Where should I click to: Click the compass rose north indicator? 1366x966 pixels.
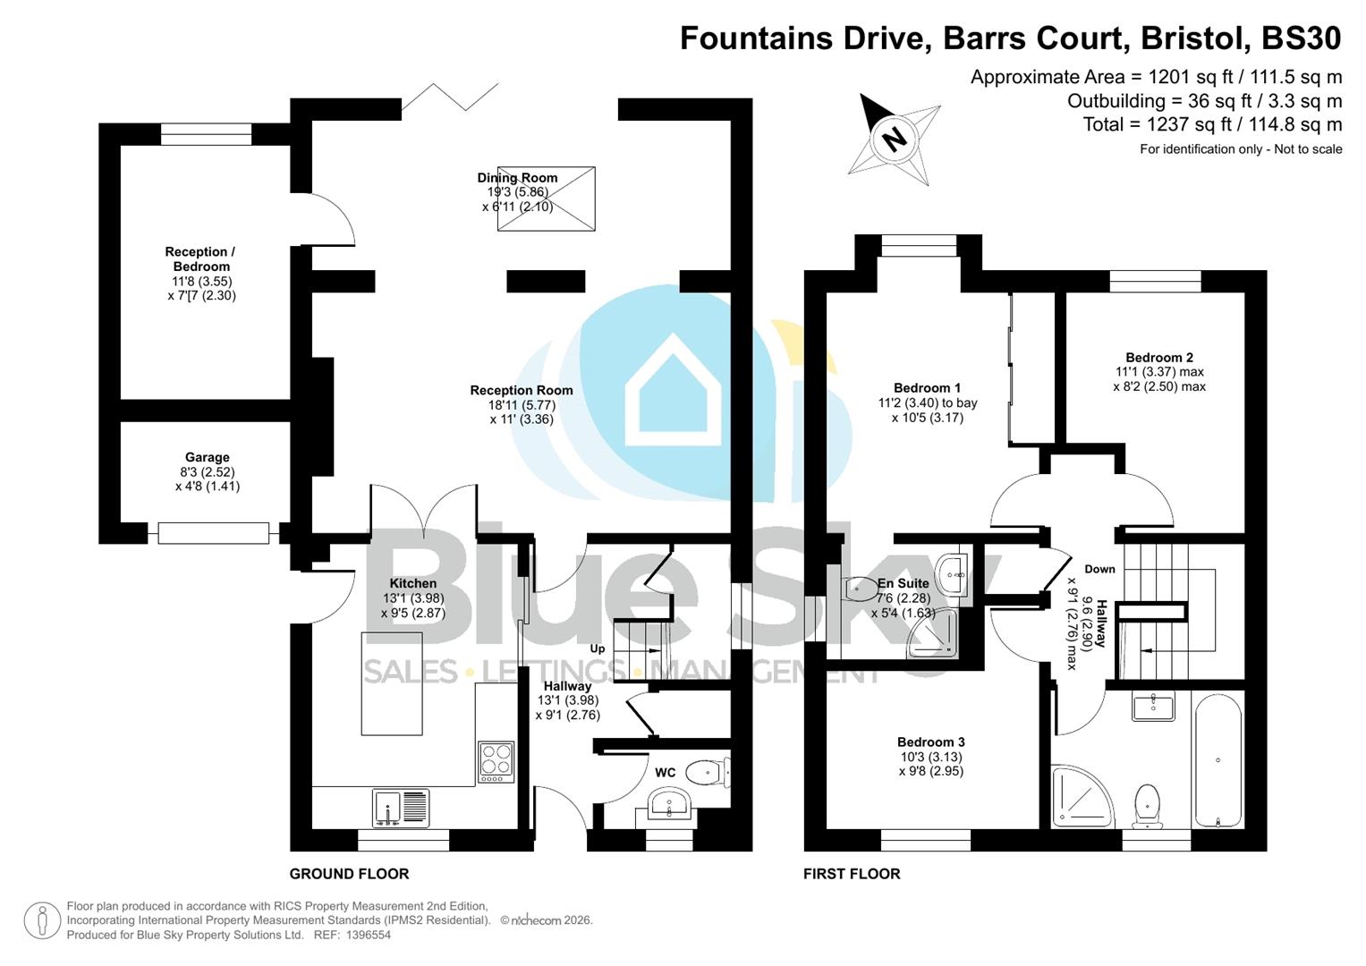point(893,139)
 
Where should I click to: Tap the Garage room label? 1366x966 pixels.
point(207,457)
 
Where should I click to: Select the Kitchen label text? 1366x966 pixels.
point(412,583)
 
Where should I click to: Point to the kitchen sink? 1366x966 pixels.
point(400,808)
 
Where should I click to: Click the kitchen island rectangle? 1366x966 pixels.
point(391,683)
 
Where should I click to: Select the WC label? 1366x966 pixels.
point(665,773)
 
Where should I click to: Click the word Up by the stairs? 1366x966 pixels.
point(597,648)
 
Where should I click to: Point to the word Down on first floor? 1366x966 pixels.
point(1099,569)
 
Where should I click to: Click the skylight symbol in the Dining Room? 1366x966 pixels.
point(546,199)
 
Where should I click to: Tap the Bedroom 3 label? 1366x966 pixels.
point(930,741)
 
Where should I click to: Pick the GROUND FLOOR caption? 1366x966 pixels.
point(349,874)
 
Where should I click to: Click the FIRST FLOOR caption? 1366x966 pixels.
point(851,874)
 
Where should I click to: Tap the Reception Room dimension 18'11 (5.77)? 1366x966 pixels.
point(522,404)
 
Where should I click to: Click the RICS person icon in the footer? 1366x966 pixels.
point(42,920)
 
